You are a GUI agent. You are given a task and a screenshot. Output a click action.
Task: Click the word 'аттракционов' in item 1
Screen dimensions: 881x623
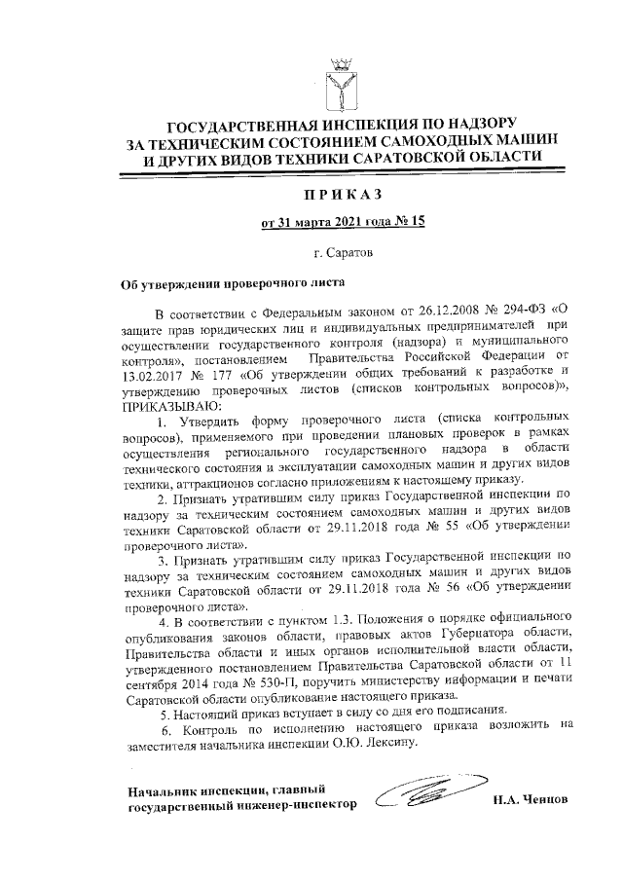(x=206, y=481)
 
